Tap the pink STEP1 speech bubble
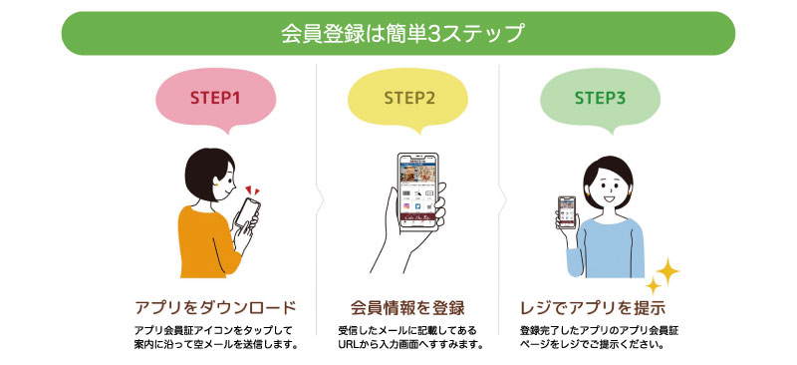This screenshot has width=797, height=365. point(216,100)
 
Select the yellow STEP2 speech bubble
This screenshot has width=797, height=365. point(408,100)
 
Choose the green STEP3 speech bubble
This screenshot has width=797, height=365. point(600,100)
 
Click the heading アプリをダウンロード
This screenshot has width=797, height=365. point(215,308)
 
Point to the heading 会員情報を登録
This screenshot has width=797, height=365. point(407,308)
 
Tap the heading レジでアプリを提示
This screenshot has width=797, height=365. point(593,308)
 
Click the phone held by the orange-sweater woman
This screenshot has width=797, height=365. point(247,212)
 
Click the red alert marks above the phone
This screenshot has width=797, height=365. point(253,190)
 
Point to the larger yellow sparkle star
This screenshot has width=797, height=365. point(667,271)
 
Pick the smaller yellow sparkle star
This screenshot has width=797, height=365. point(654,285)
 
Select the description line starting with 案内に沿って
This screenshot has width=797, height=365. point(215,345)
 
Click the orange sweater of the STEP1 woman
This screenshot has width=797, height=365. point(208,241)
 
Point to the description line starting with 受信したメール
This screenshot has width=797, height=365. point(407,329)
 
